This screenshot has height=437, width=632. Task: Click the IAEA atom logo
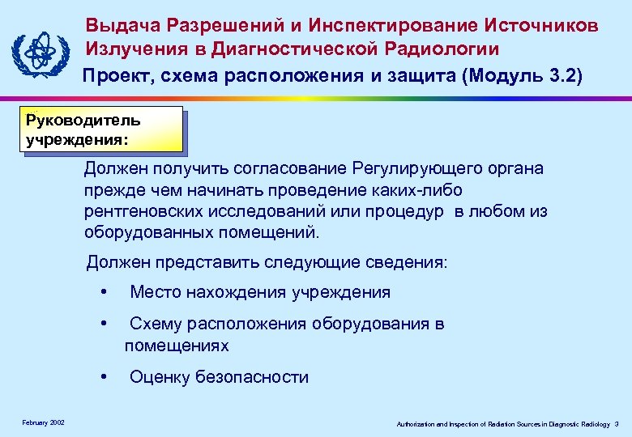pyautogui.click(x=38, y=53)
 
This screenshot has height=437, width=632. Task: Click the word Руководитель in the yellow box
pyautogui.click(x=83, y=121)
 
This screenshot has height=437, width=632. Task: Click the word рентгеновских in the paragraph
pyautogui.click(x=137, y=212)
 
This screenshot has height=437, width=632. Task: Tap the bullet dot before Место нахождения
pyautogui.click(x=103, y=292)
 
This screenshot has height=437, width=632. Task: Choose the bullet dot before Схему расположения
pyautogui.click(x=103, y=325)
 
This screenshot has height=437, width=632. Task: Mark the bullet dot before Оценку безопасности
pyautogui.click(x=103, y=376)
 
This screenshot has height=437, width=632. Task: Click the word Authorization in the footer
pyautogui.click(x=414, y=424)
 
